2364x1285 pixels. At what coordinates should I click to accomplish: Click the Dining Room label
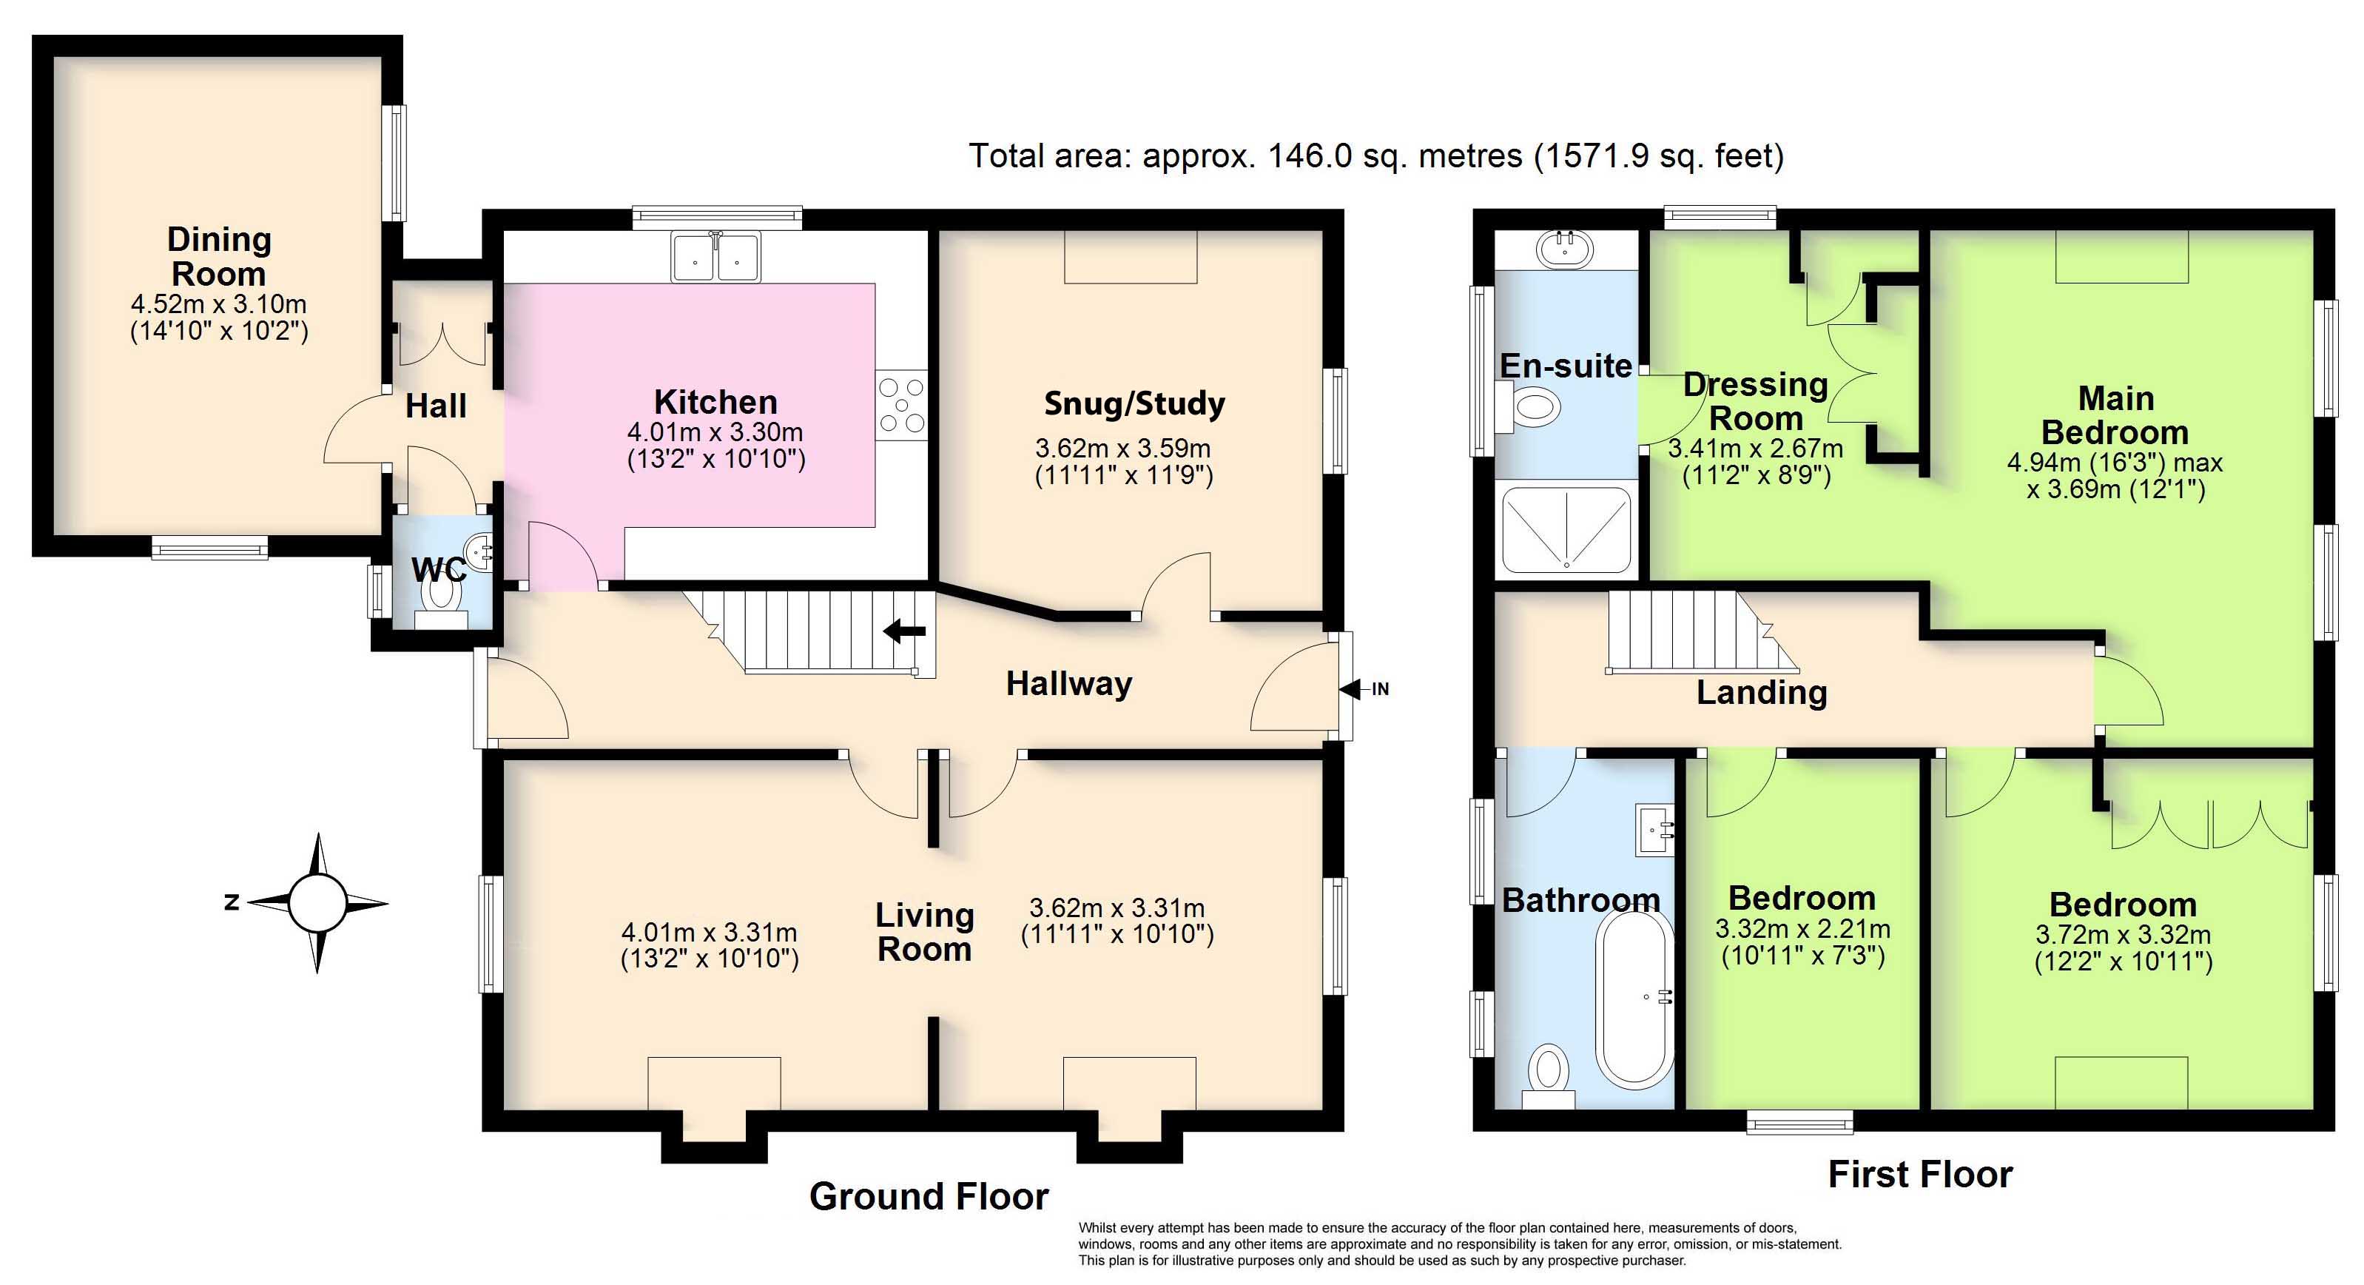pyautogui.click(x=219, y=256)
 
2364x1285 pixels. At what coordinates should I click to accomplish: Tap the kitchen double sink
pyautogui.click(x=715, y=256)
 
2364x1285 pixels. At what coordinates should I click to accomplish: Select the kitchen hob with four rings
pyautogui.click(x=901, y=405)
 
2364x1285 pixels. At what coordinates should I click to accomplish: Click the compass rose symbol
pyautogui.click(x=317, y=903)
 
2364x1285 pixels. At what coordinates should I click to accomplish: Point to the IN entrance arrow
pyautogui.click(x=1364, y=688)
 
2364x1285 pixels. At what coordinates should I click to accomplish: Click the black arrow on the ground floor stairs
pyautogui.click(x=904, y=631)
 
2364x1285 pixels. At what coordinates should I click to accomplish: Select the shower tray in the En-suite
pyautogui.click(x=1566, y=529)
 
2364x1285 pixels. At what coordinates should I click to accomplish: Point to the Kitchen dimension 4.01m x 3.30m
pyautogui.click(x=715, y=432)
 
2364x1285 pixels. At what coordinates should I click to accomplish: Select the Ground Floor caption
pyautogui.click(x=929, y=1196)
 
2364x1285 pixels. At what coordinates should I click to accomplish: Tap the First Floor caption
pyautogui.click(x=1920, y=1174)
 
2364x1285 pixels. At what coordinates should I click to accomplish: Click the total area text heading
pyautogui.click(x=1376, y=156)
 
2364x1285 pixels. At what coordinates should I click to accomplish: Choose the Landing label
pyautogui.click(x=1761, y=692)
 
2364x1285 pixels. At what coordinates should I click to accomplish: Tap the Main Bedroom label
pyautogui.click(x=2115, y=415)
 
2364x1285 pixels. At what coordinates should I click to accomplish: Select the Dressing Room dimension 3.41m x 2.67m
pyautogui.click(x=1754, y=449)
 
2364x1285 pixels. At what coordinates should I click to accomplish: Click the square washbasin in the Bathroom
pyautogui.click(x=1654, y=831)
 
